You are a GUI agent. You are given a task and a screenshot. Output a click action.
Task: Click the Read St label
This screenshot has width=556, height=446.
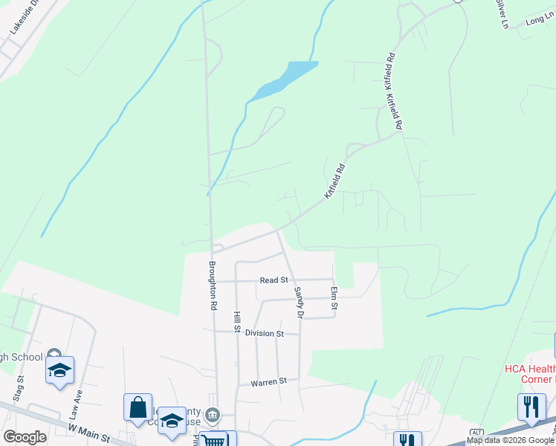pos(274,280)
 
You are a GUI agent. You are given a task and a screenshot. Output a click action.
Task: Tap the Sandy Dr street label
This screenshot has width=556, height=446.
pos(299,303)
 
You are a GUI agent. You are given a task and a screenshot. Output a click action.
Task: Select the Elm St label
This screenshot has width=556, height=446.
pos(334,299)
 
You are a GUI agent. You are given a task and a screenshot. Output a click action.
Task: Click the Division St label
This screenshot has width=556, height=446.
pos(265,334)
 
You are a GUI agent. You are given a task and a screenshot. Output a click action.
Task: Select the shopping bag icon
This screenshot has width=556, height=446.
pos(138,407)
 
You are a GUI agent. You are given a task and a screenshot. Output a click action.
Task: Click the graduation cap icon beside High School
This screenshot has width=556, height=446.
pos(59,370)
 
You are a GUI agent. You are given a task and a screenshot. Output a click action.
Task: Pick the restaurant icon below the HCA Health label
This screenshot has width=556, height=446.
pos(531,407)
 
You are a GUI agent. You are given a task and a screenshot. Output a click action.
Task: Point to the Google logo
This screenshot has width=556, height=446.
pos(25,436)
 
